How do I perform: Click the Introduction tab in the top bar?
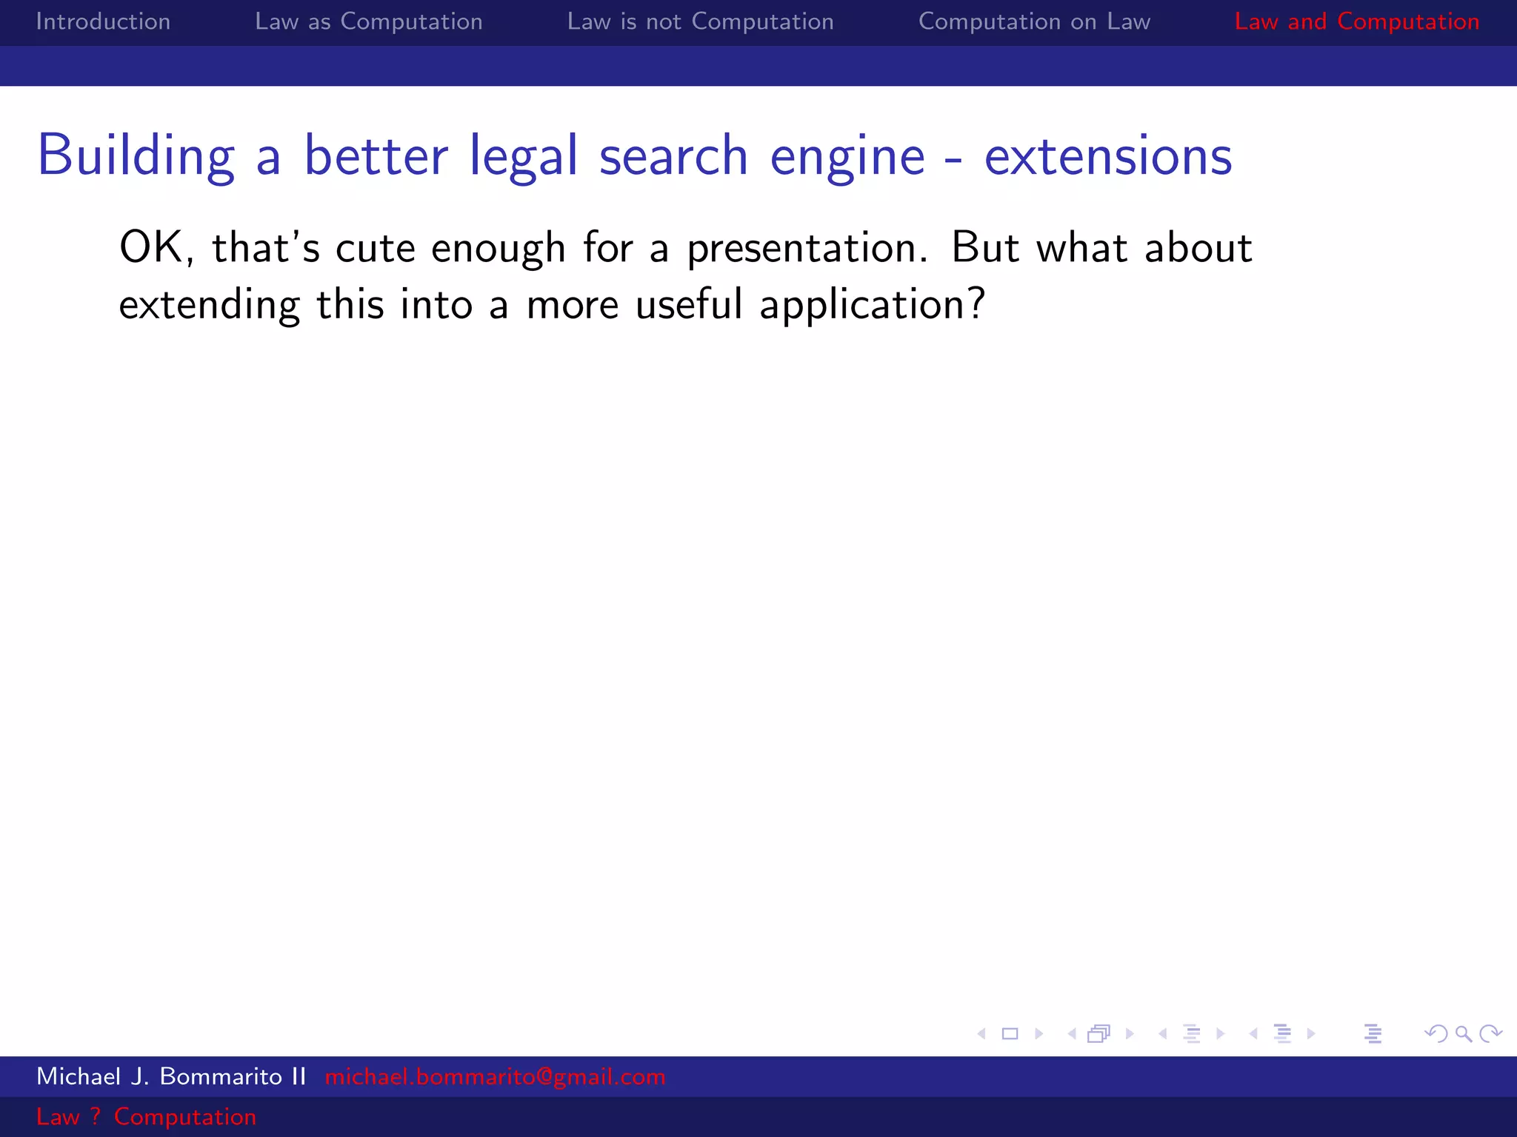point(103,21)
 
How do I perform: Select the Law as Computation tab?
point(368,21)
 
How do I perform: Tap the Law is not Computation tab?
point(700,21)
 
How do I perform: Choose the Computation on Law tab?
point(1034,21)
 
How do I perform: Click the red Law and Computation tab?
point(1356,21)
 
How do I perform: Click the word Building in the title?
point(136,156)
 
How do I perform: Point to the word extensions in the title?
point(1108,156)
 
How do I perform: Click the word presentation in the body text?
point(806,249)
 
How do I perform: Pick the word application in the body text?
point(871,305)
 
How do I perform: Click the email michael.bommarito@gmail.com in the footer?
point(495,1076)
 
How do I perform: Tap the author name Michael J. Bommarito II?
point(171,1076)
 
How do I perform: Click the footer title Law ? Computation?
point(146,1116)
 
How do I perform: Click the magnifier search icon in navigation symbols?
point(1463,1033)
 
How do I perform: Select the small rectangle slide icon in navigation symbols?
point(1010,1033)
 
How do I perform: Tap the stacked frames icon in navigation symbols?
point(1099,1033)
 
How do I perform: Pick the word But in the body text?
point(984,247)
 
